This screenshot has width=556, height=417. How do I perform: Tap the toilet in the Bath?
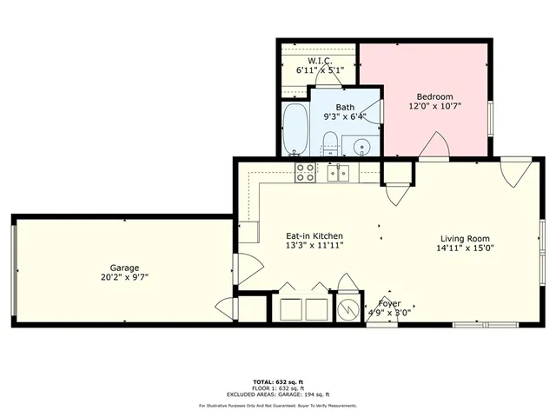pyautogui.click(x=330, y=143)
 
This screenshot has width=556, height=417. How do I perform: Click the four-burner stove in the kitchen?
pyautogui.click(x=305, y=172)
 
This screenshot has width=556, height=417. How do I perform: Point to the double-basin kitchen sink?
pyautogui.click(x=338, y=172)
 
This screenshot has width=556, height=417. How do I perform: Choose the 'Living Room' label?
pyautogui.click(x=465, y=239)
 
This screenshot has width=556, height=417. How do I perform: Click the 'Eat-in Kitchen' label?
pyautogui.click(x=314, y=235)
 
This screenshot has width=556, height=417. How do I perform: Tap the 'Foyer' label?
pyautogui.click(x=388, y=303)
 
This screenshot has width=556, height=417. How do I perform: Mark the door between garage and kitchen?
pyautogui.click(x=243, y=269)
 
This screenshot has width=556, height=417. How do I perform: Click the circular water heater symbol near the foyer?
pyautogui.click(x=347, y=309)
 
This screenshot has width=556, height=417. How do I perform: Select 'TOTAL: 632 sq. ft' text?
pyautogui.click(x=277, y=382)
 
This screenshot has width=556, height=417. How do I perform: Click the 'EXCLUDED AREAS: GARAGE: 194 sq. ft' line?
pyautogui.click(x=277, y=395)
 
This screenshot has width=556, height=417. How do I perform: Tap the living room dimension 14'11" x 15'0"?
pyautogui.click(x=465, y=249)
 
